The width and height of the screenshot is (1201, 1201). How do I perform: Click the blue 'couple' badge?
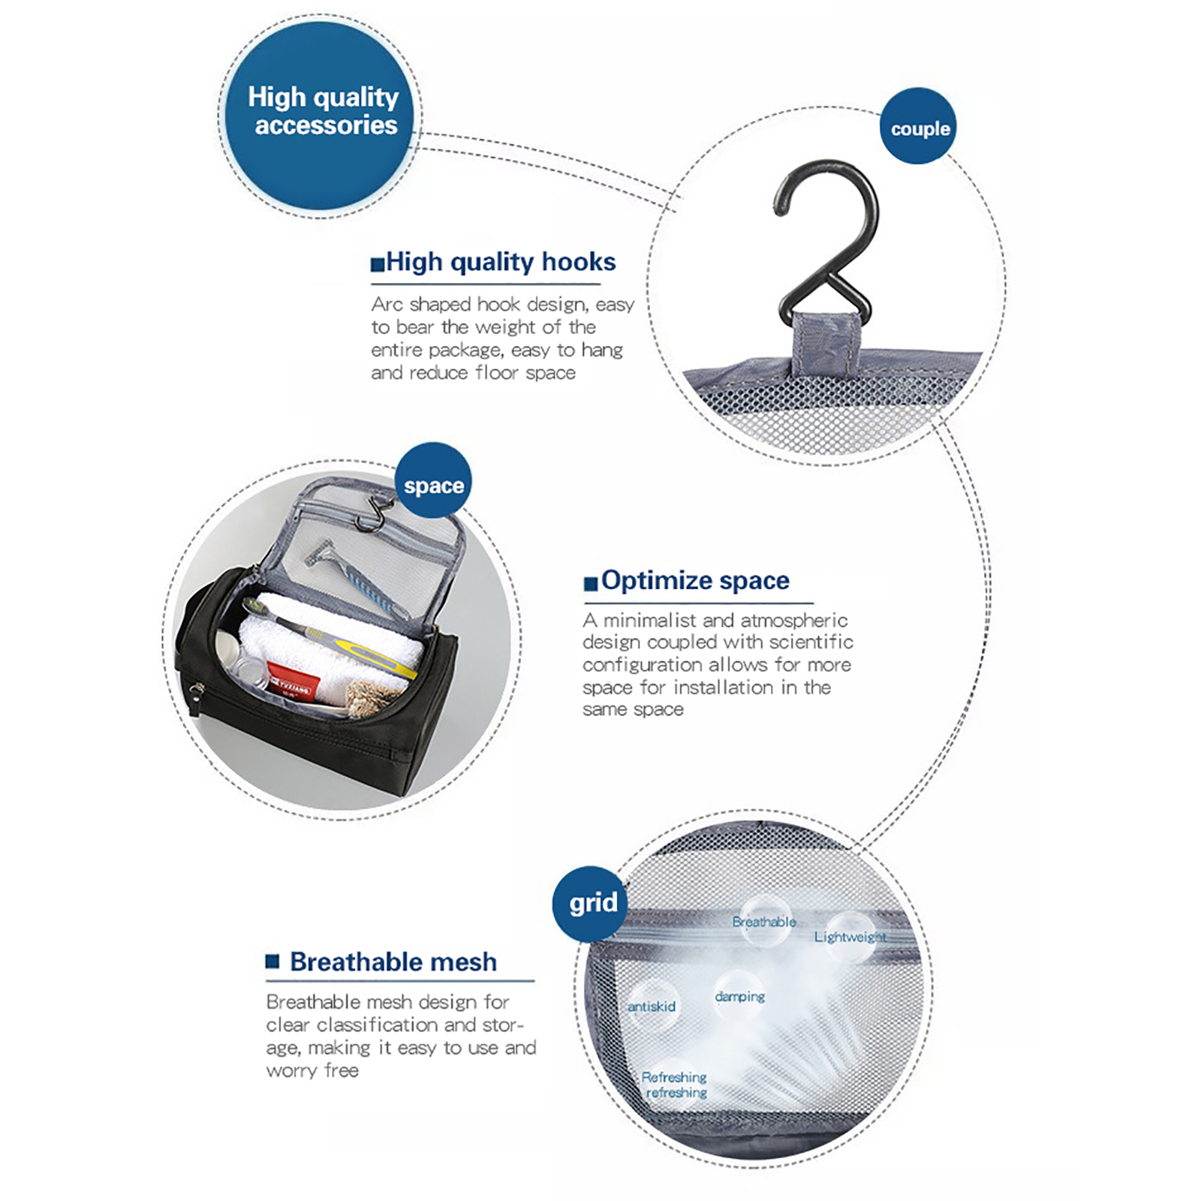coord(919,126)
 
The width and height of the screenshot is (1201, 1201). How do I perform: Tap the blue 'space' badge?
coord(433,480)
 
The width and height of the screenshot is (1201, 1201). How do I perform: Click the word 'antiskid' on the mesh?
coord(652,1007)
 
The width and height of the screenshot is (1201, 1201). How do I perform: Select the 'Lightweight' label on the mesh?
coord(850,937)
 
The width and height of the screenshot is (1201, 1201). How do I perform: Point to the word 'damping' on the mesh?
coord(740,997)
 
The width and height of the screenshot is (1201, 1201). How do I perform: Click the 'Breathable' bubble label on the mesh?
coord(764,922)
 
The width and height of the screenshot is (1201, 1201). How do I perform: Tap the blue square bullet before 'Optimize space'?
coord(591,583)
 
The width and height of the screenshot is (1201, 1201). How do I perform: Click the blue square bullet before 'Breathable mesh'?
coord(272,962)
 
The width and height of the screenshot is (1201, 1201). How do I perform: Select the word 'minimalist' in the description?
coord(650,620)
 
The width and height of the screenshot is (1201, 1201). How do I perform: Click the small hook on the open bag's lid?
coord(372,513)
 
